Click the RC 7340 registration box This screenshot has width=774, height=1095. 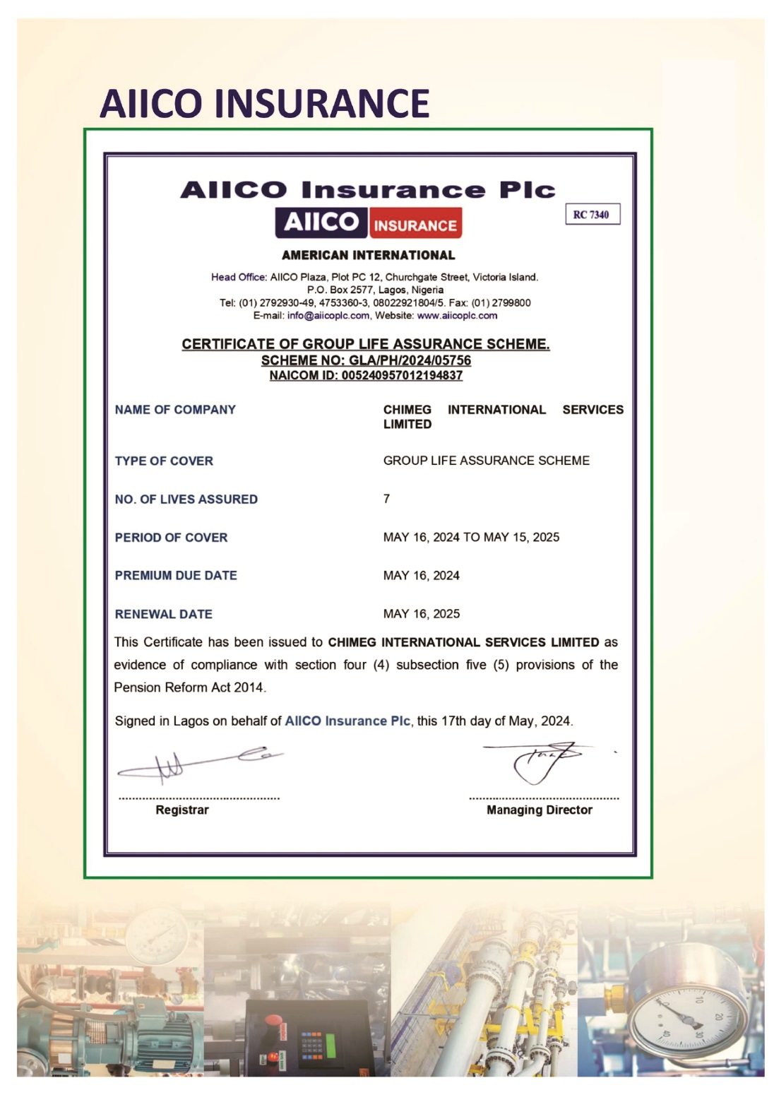[592, 215]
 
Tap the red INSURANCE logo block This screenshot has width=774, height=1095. [415, 225]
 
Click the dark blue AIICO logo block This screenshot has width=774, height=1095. [321, 223]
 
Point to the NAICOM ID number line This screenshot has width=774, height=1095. [366, 375]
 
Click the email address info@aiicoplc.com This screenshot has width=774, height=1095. [328, 316]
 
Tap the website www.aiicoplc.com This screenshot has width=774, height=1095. [457, 316]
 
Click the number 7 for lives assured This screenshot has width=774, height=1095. [386, 499]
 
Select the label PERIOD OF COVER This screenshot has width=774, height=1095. [171, 538]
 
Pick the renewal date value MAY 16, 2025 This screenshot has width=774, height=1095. [421, 614]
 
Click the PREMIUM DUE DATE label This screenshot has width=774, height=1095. [176, 576]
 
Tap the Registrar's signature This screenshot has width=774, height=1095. [198, 763]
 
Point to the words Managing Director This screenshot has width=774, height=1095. [539, 810]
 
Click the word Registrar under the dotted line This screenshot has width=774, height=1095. [182, 810]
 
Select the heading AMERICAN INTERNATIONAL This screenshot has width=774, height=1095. [368, 255]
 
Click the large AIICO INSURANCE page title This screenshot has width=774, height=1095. [264, 103]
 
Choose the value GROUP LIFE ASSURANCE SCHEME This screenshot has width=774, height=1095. [486, 461]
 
